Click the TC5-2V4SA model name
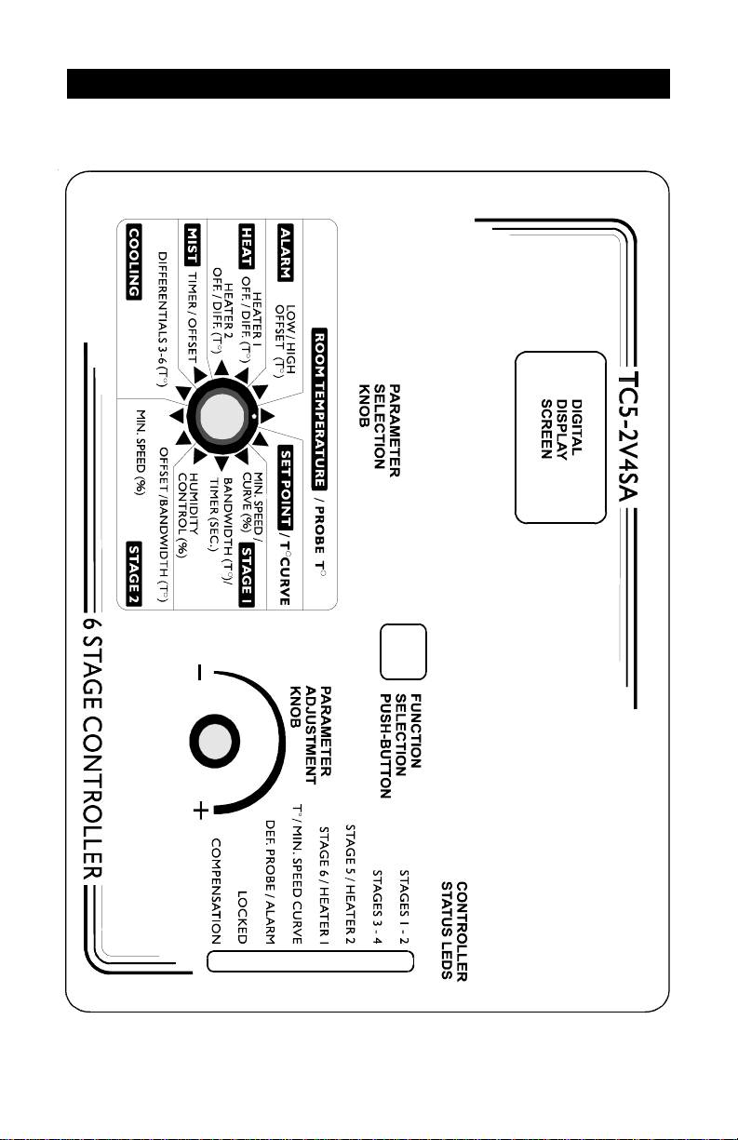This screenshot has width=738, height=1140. pyautogui.click(x=628, y=437)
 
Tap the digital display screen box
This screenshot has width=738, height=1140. pyautogui.click(x=560, y=437)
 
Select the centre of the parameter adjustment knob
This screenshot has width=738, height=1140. pyautogui.click(x=214, y=741)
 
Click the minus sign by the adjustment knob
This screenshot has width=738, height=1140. pyautogui.click(x=199, y=672)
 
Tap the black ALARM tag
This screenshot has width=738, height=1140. pyautogui.click(x=286, y=252)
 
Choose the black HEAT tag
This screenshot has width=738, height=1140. pyautogui.click(x=247, y=246)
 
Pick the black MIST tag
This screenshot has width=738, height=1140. pyautogui.click(x=193, y=244)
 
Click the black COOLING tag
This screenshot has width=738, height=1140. pyautogui.click(x=134, y=262)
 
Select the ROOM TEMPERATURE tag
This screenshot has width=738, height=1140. pyautogui.click(x=319, y=409)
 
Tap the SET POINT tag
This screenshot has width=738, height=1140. pyautogui.click(x=286, y=487)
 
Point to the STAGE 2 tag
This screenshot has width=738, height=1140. pyautogui.click(x=134, y=573)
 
